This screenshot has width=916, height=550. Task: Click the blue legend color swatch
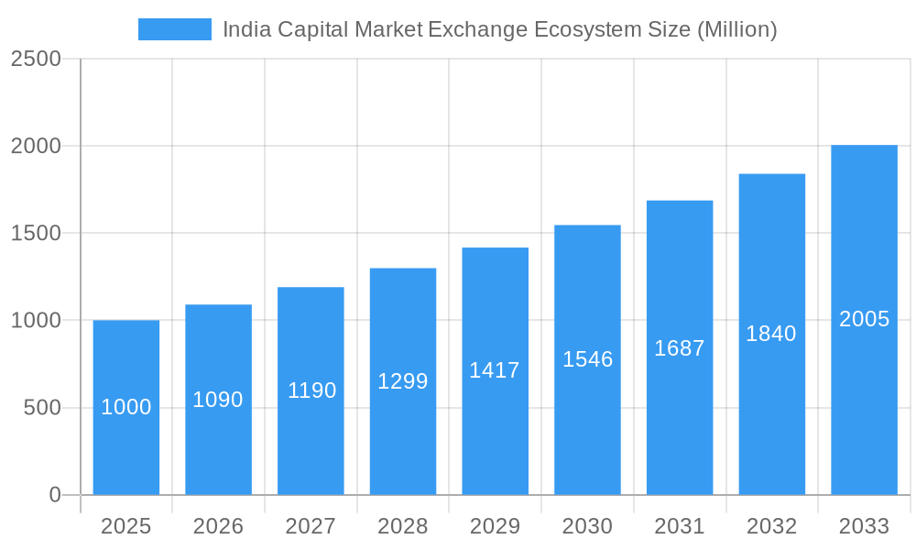tap(174, 29)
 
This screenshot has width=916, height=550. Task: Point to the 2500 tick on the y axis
tap(36, 59)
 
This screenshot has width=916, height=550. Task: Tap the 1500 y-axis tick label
tap(36, 234)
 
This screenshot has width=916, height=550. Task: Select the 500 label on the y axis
tap(42, 408)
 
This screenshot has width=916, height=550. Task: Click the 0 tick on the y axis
tap(54, 495)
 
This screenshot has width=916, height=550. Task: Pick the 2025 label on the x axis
tap(126, 526)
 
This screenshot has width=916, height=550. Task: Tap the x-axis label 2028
tap(403, 526)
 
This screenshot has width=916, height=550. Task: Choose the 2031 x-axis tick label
tap(680, 526)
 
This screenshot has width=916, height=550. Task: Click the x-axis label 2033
tap(864, 526)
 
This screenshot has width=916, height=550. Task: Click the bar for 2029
tap(495, 431)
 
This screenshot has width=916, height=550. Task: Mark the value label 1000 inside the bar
tap(126, 408)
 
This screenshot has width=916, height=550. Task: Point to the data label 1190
tap(311, 390)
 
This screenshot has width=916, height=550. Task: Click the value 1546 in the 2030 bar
tap(587, 359)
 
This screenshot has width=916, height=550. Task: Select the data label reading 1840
tap(771, 334)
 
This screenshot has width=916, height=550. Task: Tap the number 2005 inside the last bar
tap(864, 319)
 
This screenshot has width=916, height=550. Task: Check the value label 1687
tap(680, 348)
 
